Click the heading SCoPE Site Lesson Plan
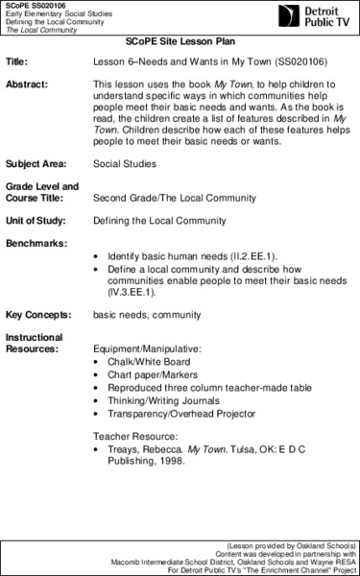coord(180,44)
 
